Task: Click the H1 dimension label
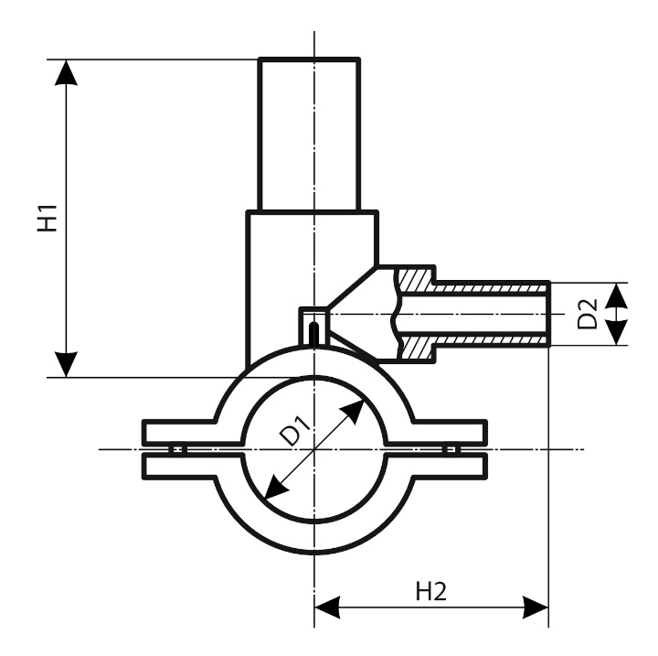click(48, 219)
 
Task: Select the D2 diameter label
click(589, 314)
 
